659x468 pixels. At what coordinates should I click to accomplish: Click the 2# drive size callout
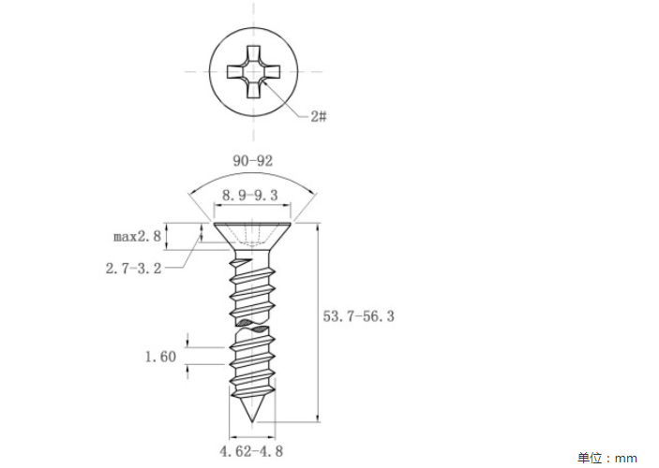pos(319,116)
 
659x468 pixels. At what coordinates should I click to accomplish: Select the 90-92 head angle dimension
pos(252,161)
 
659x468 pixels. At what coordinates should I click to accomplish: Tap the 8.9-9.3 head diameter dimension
pos(250,196)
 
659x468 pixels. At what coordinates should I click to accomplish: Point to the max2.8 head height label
pos(138,236)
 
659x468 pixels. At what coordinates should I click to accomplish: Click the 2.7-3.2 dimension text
pos(134,269)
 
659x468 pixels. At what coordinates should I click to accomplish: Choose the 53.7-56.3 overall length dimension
pos(358,316)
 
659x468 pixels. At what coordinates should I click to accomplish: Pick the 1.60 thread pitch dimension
pos(160,357)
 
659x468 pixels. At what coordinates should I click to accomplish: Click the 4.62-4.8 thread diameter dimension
pos(251,452)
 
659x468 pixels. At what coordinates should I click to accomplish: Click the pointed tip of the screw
pos(252,421)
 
